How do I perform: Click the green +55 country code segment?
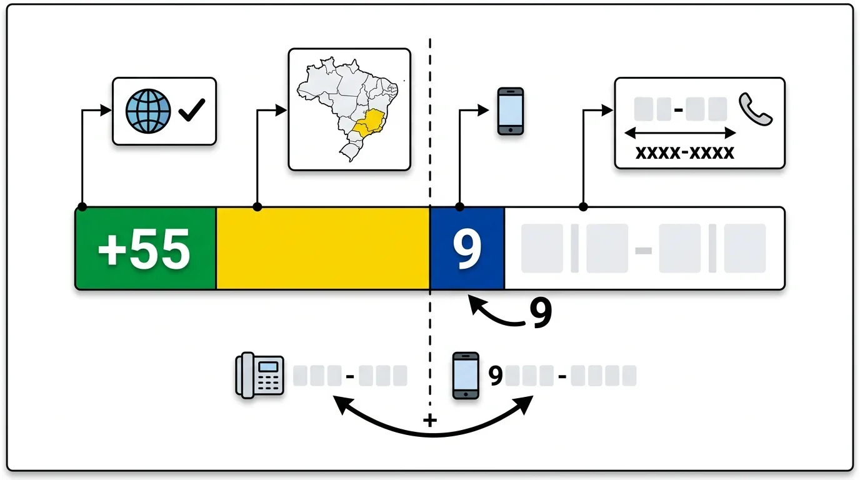pos(145,249)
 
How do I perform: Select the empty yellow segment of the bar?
pos(322,249)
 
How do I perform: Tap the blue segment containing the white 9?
pos(467,249)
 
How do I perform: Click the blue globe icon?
pos(148,111)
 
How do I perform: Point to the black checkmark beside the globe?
pos(191,112)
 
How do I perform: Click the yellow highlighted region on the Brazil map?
pos(367,122)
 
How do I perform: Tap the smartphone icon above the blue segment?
pos(510,111)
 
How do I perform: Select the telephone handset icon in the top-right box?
pos(755,110)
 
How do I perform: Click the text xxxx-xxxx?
pos(684,152)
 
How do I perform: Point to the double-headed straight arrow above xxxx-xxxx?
pos(681,132)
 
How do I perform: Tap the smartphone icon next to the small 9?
pos(466,375)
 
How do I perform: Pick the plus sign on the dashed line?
pos(429,421)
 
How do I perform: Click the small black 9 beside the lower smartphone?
pos(496,376)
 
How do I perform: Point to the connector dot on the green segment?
pos(82,207)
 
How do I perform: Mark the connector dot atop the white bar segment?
pos(583,207)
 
